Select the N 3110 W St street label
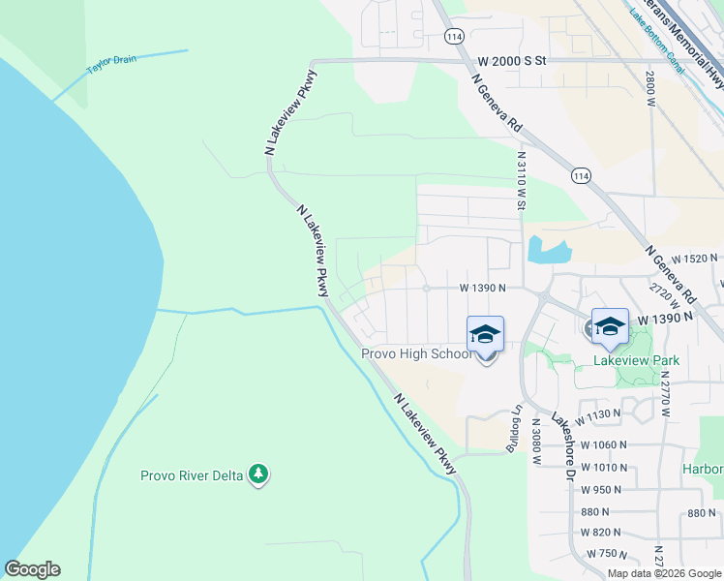click(522, 180)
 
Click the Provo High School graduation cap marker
click(485, 335)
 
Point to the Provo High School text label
click(416, 353)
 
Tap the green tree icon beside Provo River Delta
click(258, 474)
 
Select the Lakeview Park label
click(636, 360)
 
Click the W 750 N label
click(611, 553)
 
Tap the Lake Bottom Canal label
click(657, 42)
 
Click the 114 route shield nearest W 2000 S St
click(454, 35)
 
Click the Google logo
click(32, 569)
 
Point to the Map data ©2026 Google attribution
click(663, 573)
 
